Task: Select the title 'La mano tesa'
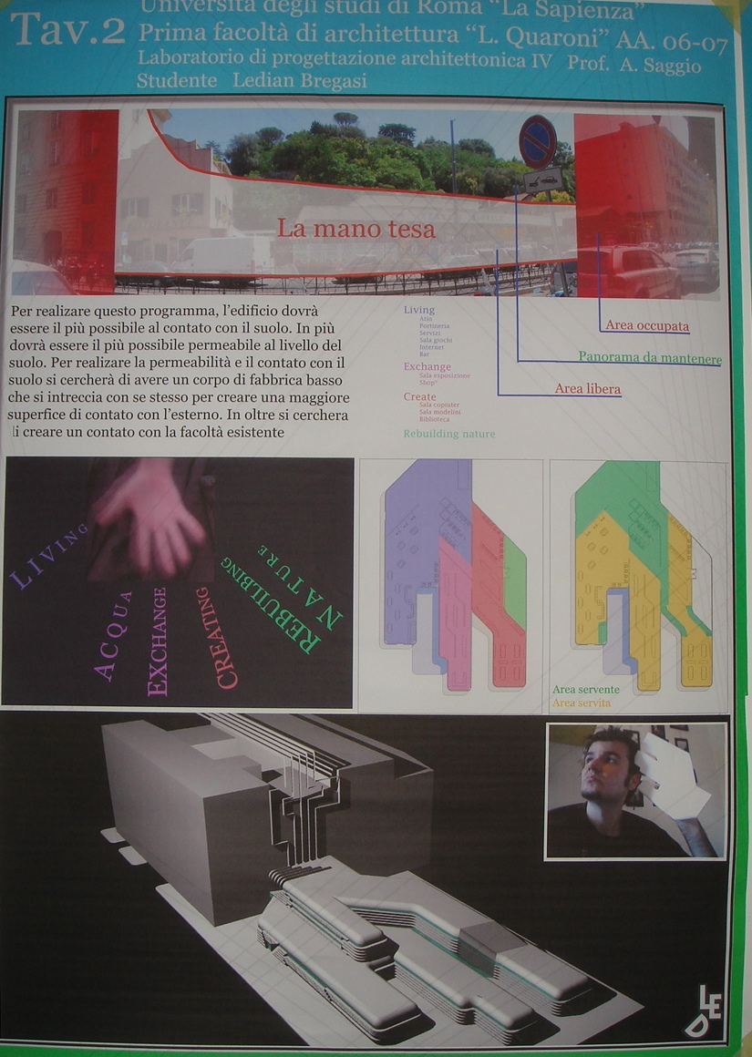click(356, 229)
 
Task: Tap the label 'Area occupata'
click(647, 325)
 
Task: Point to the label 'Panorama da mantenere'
click(649, 357)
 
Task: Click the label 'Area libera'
click(587, 389)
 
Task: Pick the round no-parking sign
click(538, 141)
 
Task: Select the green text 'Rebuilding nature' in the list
click(449, 434)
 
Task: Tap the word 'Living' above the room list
click(419, 310)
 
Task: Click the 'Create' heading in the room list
click(419, 396)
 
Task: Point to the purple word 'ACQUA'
click(115, 636)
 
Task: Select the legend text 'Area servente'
click(586, 690)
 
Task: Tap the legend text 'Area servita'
click(582, 703)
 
